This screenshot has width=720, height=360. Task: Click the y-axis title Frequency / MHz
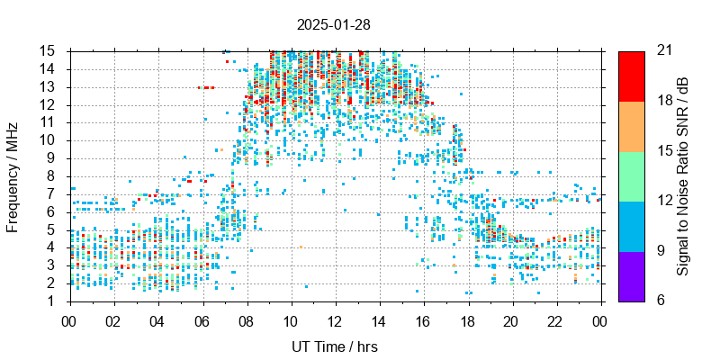(x=13, y=175)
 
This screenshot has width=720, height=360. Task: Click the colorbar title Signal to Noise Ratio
(x=683, y=175)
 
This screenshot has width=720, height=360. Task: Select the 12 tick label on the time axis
(x=336, y=319)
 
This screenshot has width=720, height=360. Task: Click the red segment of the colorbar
(x=631, y=76)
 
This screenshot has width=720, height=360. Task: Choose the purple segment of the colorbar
(x=631, y=275)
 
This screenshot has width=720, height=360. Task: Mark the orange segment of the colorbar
(x=631, y=126)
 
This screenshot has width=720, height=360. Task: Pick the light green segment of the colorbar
(x=631, y=175)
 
